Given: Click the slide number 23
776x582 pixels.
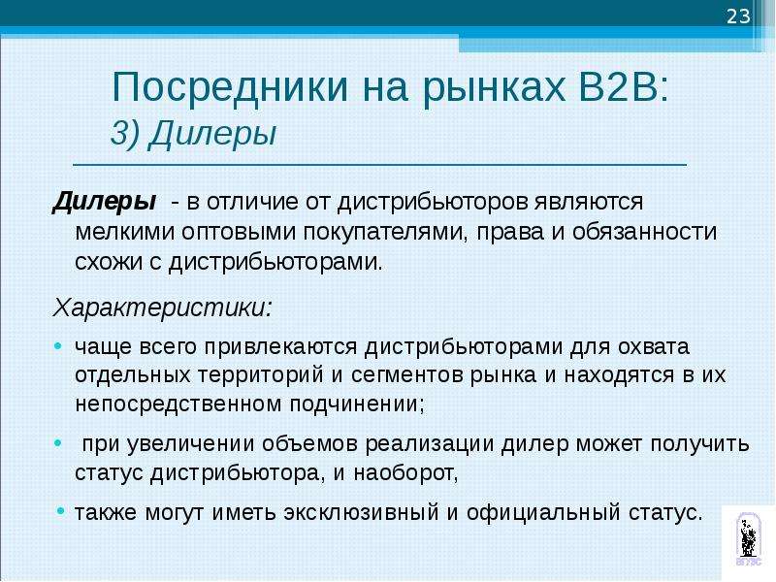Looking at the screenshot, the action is tap(738, 17).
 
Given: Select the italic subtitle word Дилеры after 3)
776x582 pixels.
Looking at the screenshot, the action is tap(212, 134).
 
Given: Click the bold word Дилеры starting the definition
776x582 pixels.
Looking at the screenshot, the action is tap(104, 202).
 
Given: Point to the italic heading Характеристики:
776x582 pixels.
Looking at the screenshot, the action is tap(163, 307).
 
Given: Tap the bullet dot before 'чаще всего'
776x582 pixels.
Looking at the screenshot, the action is tap(58, 346).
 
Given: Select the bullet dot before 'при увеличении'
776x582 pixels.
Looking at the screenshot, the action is tap(58, 443).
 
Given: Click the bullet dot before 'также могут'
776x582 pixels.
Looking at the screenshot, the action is tap(60, 510).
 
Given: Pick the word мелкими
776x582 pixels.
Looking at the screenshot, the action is tap(125, 232).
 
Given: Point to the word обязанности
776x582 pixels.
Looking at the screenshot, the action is tap(644, 232).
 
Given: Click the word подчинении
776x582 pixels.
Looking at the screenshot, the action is tap(357, 404).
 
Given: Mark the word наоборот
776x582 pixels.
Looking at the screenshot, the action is tap(405, 473).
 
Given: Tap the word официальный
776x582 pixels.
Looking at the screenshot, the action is tap(543, 513).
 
